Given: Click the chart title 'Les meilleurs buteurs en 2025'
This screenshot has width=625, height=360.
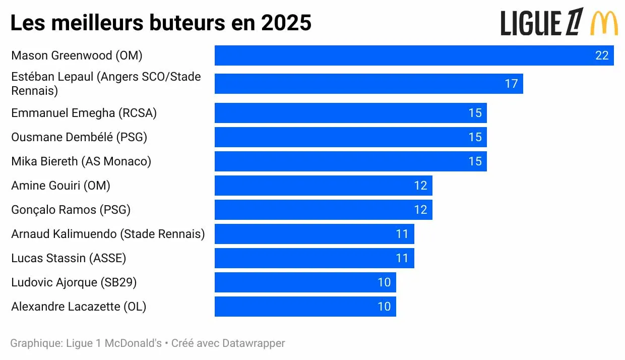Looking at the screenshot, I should pos(161,23).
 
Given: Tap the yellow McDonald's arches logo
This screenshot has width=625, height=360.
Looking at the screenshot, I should pos(604,23).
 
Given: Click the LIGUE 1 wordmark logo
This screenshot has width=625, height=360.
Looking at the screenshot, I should pos(542,23).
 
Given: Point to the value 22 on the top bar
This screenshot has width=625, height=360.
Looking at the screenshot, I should pos(602,55).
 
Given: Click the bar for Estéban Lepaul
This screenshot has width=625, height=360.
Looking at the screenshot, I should pos(368,84).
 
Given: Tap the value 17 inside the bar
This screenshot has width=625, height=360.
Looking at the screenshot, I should pos(511,84).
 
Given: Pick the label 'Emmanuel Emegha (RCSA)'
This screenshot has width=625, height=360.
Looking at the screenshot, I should pos(84,113).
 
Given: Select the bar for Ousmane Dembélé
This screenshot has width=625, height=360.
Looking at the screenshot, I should pos(350,137).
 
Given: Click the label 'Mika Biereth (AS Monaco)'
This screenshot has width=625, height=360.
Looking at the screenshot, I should pos(81,161).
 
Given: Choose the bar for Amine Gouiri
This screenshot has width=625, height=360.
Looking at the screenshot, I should pos(323,186).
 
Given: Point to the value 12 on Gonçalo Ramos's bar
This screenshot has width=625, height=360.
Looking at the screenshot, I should pos(420,210).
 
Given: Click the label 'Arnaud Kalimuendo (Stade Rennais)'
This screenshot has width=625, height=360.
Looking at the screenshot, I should pos(108,234).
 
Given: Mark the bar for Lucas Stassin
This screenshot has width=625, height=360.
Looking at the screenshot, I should pos(314,258).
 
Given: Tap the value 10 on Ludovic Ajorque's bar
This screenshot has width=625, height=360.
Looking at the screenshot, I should pos(384,282).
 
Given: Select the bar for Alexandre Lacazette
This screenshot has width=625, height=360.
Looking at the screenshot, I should pos(305,307).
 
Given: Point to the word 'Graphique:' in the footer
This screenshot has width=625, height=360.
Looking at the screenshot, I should pos(36,343).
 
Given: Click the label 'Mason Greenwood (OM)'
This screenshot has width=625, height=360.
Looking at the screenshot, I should pos(77,55).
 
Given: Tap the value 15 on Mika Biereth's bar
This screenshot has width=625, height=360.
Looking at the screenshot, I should pos(475,161).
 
